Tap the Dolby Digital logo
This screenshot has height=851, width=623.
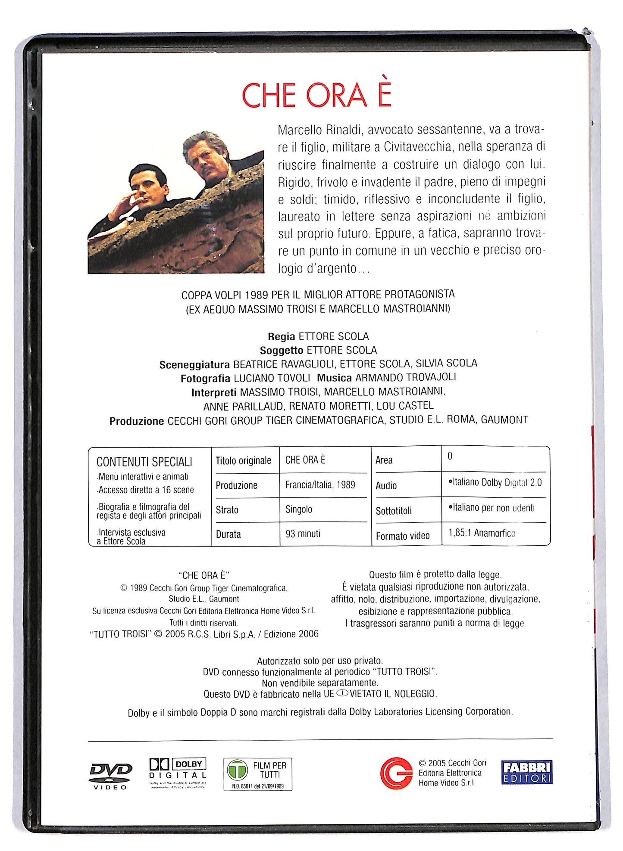coord(178,773)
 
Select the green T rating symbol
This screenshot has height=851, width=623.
coord(237,770)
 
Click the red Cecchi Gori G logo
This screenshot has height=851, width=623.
coord(396,773)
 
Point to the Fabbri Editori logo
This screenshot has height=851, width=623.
coord(527,772)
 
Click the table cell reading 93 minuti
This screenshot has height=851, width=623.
coord(303,534)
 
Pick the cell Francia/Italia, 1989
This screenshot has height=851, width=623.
coord(320,485)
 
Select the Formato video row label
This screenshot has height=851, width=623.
coord(403,536)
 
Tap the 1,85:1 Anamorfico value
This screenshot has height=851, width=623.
coord(482,533)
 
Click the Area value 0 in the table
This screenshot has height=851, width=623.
coord(450,456)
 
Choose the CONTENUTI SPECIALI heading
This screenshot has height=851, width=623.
coord(144,462)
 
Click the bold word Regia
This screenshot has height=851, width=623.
coord(282,337)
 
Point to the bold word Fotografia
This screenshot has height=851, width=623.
coord(205,379)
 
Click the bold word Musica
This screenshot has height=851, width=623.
coord(334,378)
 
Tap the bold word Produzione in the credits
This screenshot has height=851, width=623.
coord(137,421)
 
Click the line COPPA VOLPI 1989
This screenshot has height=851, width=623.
coord(318,295)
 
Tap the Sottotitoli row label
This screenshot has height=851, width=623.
coord(394,511)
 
